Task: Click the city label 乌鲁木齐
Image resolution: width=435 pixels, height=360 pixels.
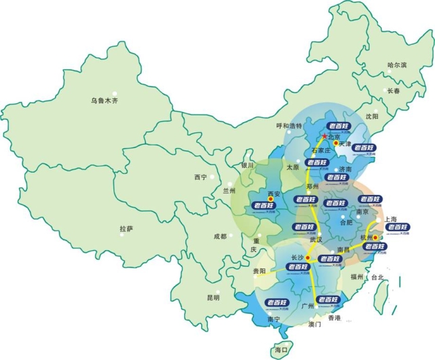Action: point(105,101)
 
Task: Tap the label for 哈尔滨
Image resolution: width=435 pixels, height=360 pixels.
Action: point(396,65)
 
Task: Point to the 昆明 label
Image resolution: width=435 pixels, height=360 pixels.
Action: point(213,298)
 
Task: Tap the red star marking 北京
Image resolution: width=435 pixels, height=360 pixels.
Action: point(324,137)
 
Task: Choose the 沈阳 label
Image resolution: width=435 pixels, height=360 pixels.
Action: point(372,117)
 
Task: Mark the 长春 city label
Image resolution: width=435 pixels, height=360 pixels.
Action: point(394,90)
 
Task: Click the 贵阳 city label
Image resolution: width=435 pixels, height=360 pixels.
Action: point(258,270)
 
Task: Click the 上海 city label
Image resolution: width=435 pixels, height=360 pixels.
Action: point(390,219)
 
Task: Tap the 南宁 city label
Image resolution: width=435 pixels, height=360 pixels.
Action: point(273,319)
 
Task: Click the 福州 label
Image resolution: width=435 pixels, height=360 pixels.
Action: point(358,277)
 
